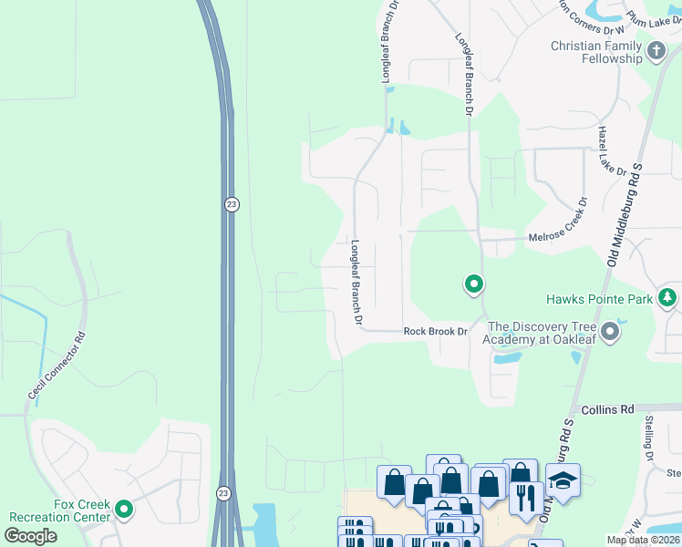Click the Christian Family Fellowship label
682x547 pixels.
coord(596,52)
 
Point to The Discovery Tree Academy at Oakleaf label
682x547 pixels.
coord(542,333)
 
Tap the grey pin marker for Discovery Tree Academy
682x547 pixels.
coord(610,332)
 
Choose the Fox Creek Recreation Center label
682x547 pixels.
coord(60,511)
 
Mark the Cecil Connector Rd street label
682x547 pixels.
coord(57,366)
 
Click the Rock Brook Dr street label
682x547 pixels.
coord(435,332)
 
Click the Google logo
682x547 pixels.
coord(31,536)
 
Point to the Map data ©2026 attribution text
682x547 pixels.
coord(643,540)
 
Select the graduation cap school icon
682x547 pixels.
coord(563,480)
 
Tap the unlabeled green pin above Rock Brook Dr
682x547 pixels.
coord(474,285)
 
